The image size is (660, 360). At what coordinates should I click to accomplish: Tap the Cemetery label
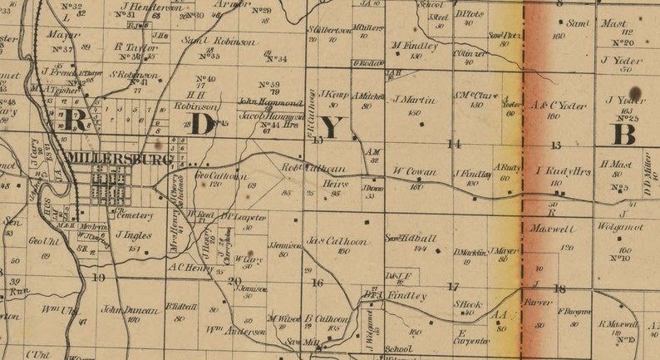(136, 215)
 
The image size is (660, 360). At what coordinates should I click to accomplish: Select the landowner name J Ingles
(134, 235)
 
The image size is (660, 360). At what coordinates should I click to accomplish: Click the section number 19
(99, 277)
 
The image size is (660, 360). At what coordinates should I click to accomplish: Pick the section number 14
(454, 144)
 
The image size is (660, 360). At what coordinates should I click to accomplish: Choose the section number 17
(453, 286)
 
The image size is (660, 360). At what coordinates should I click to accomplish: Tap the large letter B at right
(624, 133)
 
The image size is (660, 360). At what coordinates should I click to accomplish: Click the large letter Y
(331, 127)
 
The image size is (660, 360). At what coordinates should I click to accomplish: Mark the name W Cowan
(414, 171)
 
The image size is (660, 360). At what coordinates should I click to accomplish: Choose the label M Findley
(414, 46)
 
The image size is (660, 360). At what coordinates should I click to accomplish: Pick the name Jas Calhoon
(337, 241)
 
